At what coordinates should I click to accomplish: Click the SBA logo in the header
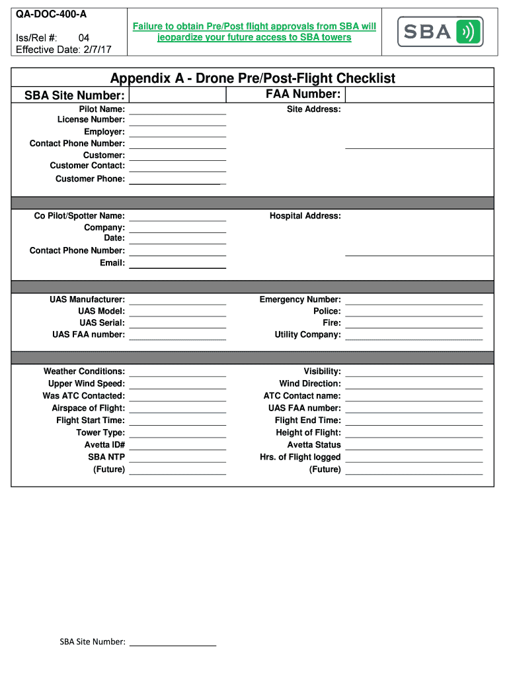(440, 31)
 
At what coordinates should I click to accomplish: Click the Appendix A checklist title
(253, 78)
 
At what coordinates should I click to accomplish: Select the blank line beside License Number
(177, 123)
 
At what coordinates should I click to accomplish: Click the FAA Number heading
(303, 94)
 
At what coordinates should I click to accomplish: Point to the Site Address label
(313, 109)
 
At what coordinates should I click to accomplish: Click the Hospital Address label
(305, 216)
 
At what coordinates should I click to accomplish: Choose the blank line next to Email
(177, 266)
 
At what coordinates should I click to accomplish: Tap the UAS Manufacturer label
(87, 299)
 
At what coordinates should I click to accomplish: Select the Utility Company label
(307, 334)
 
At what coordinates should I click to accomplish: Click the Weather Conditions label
(84, 371)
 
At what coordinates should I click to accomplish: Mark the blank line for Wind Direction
(414, 387)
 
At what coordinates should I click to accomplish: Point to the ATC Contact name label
(302, 396)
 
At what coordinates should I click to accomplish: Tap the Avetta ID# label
(104, 444)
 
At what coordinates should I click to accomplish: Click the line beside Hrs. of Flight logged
(414, 460)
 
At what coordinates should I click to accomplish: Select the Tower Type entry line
(177, 436)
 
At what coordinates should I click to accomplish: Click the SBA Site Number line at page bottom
(173, 644)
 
